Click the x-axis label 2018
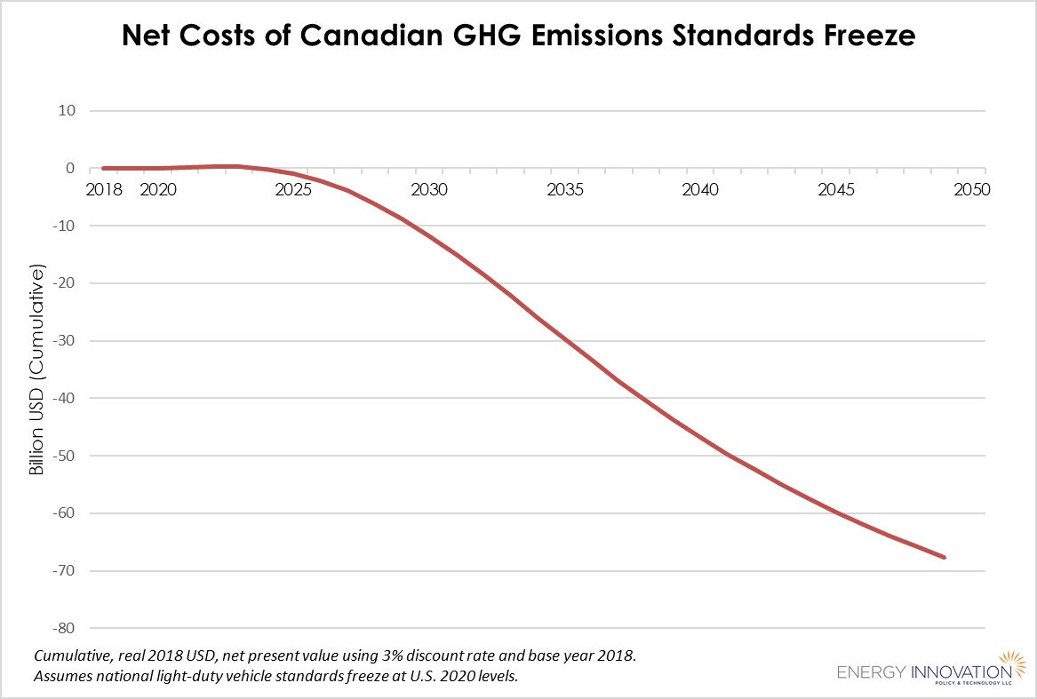pos(104,189)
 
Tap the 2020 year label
pos(158,189)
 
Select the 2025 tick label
pos(293,189)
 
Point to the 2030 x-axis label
pos(429,189)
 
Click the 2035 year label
pos(565,189)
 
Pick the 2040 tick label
pos(700,189)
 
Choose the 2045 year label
pos(836,189)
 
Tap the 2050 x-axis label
pos(971,189)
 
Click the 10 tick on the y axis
pos(69,111)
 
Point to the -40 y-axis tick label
pos(66,398)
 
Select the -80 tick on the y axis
pos(66,628)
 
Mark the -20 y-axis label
pos(66,283)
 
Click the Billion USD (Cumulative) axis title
pos(37,369)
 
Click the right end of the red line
pos(945,557)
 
